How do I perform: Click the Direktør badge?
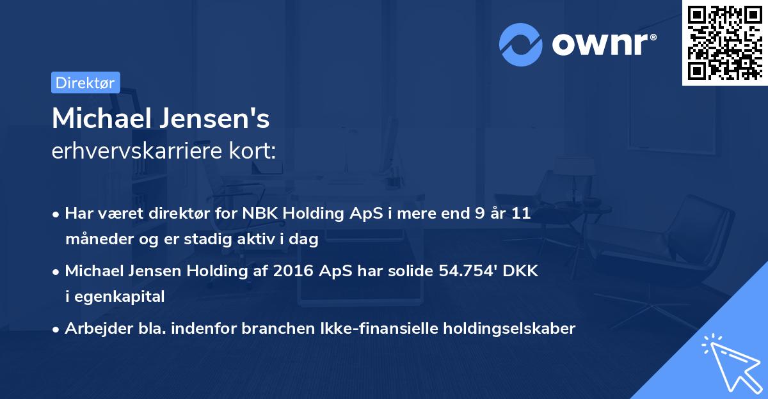pos(85,82)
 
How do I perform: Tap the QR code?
pos(724,42)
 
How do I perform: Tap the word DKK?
pos(520,271)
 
